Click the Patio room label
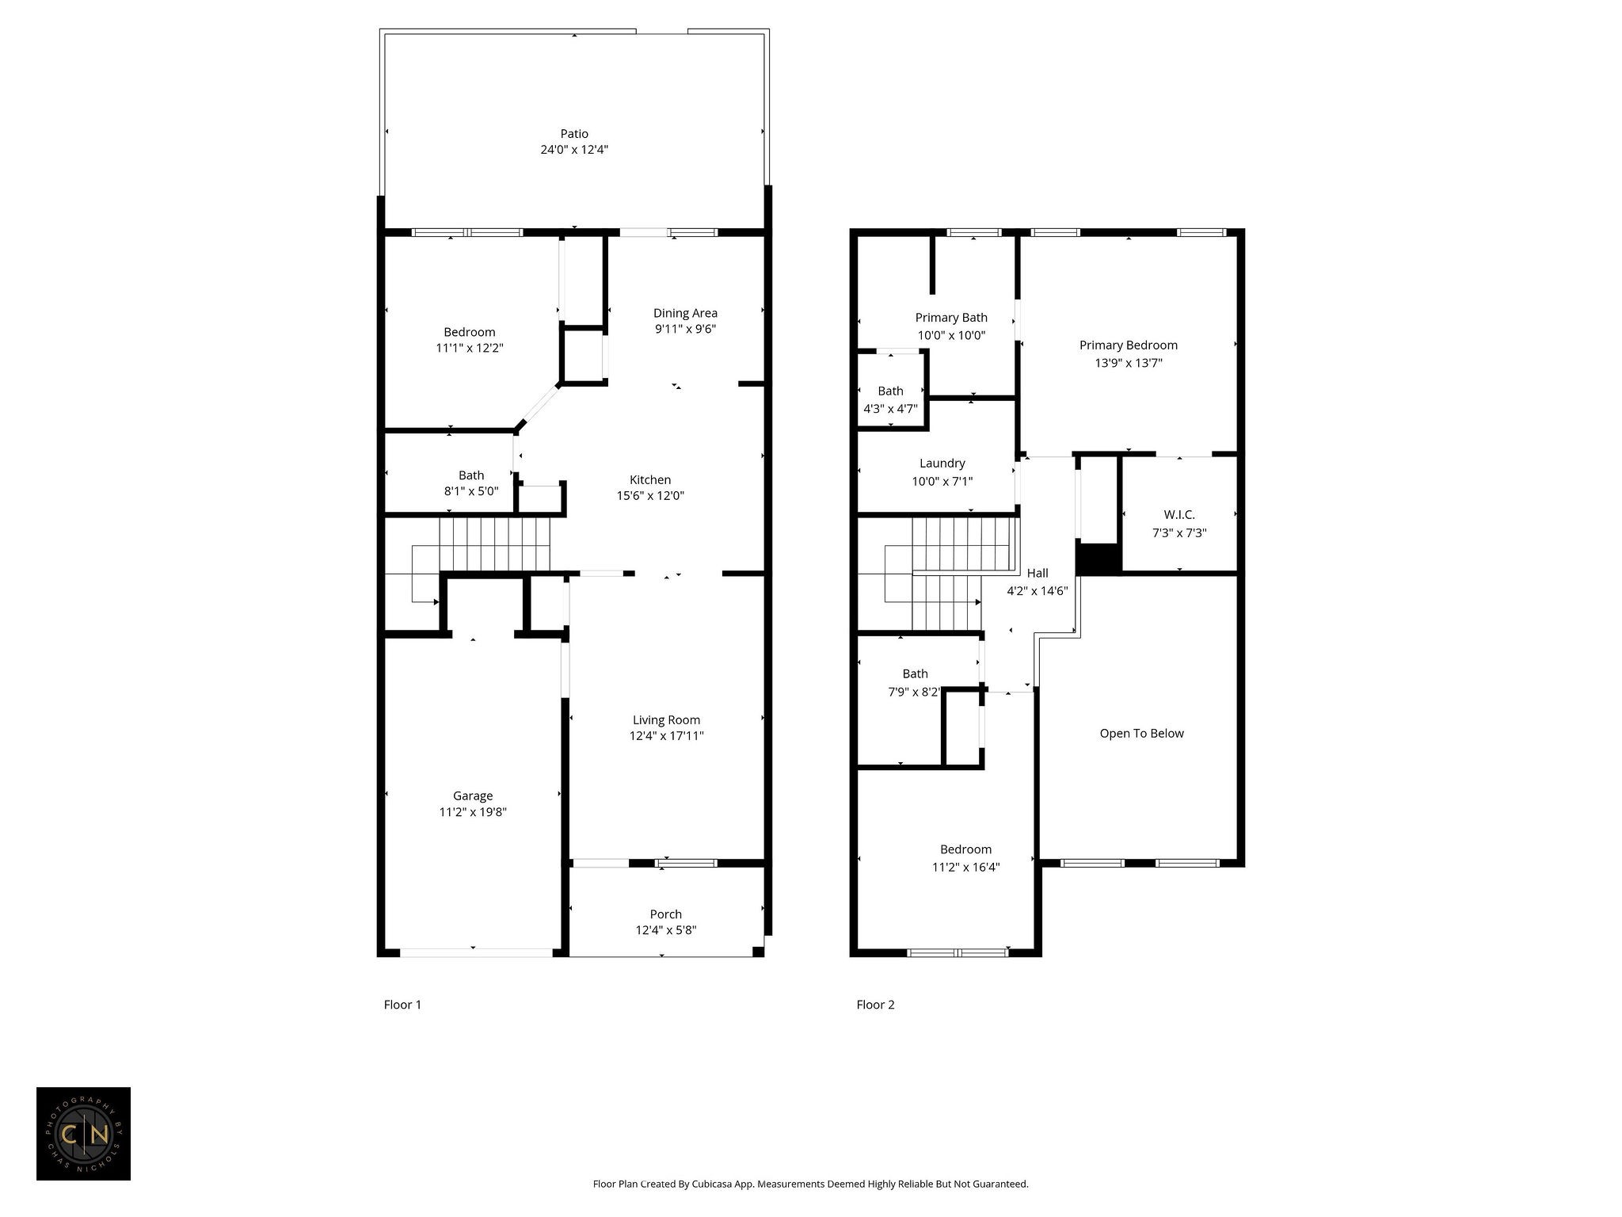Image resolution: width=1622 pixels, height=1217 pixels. click(574, 134)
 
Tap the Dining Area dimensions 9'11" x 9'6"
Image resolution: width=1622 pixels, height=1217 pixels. click(685, 329)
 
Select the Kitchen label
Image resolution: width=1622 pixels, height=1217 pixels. click(650, 479)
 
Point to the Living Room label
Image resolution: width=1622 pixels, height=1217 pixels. click(666, 720)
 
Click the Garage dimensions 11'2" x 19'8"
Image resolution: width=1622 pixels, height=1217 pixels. click(473, 812)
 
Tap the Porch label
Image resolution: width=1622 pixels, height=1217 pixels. click(666, 914)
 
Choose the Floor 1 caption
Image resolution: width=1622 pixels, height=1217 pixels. click(402, 1005)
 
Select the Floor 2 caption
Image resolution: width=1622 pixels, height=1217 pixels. click(875, 1005)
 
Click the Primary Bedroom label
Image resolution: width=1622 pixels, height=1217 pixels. click(1129, 345)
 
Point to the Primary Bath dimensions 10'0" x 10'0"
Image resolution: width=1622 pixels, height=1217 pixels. click(951, 335)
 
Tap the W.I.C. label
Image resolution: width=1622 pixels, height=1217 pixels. click(1179, 515)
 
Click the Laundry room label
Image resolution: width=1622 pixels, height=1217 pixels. click(942, 464)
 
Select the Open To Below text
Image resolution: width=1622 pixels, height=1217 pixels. click(1141, 734)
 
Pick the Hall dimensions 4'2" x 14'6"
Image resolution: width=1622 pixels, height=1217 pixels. click(1038, 591)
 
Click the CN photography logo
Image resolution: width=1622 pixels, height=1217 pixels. click(83, 1134)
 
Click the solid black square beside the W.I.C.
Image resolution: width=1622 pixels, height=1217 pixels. click(1098, 559)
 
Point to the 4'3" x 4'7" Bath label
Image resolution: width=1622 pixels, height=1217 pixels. click(890, 400)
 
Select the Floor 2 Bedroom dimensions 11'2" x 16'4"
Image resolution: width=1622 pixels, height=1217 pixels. click(965, 868)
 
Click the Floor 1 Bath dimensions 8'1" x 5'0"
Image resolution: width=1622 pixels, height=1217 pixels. click(471, 491)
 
